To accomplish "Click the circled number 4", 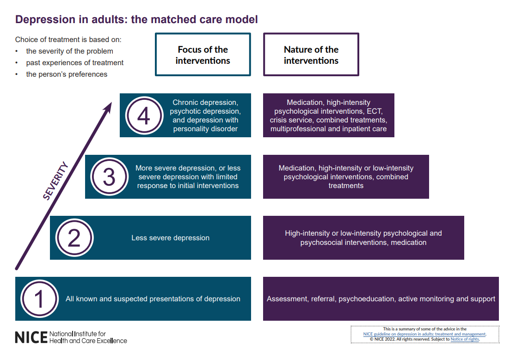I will click(144, 116).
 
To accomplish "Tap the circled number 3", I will click(109, 177).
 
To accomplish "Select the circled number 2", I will click(74, 238).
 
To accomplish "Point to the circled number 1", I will click(39, 299).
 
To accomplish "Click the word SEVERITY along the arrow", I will click(55, 181).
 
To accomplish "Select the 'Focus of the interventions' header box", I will click(203, 55).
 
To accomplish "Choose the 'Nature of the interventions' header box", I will click(311, 55).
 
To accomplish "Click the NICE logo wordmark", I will click(31, 337).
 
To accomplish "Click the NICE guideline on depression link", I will click(424, 334).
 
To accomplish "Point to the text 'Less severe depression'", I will click(170, 238).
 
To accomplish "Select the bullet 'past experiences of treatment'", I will click(74, 62).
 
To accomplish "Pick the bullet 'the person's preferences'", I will click(67, 74).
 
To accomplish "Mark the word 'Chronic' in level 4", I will click(185, 103).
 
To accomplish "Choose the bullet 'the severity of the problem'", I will click(69, 51).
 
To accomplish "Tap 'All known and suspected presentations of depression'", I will click(153, 299).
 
